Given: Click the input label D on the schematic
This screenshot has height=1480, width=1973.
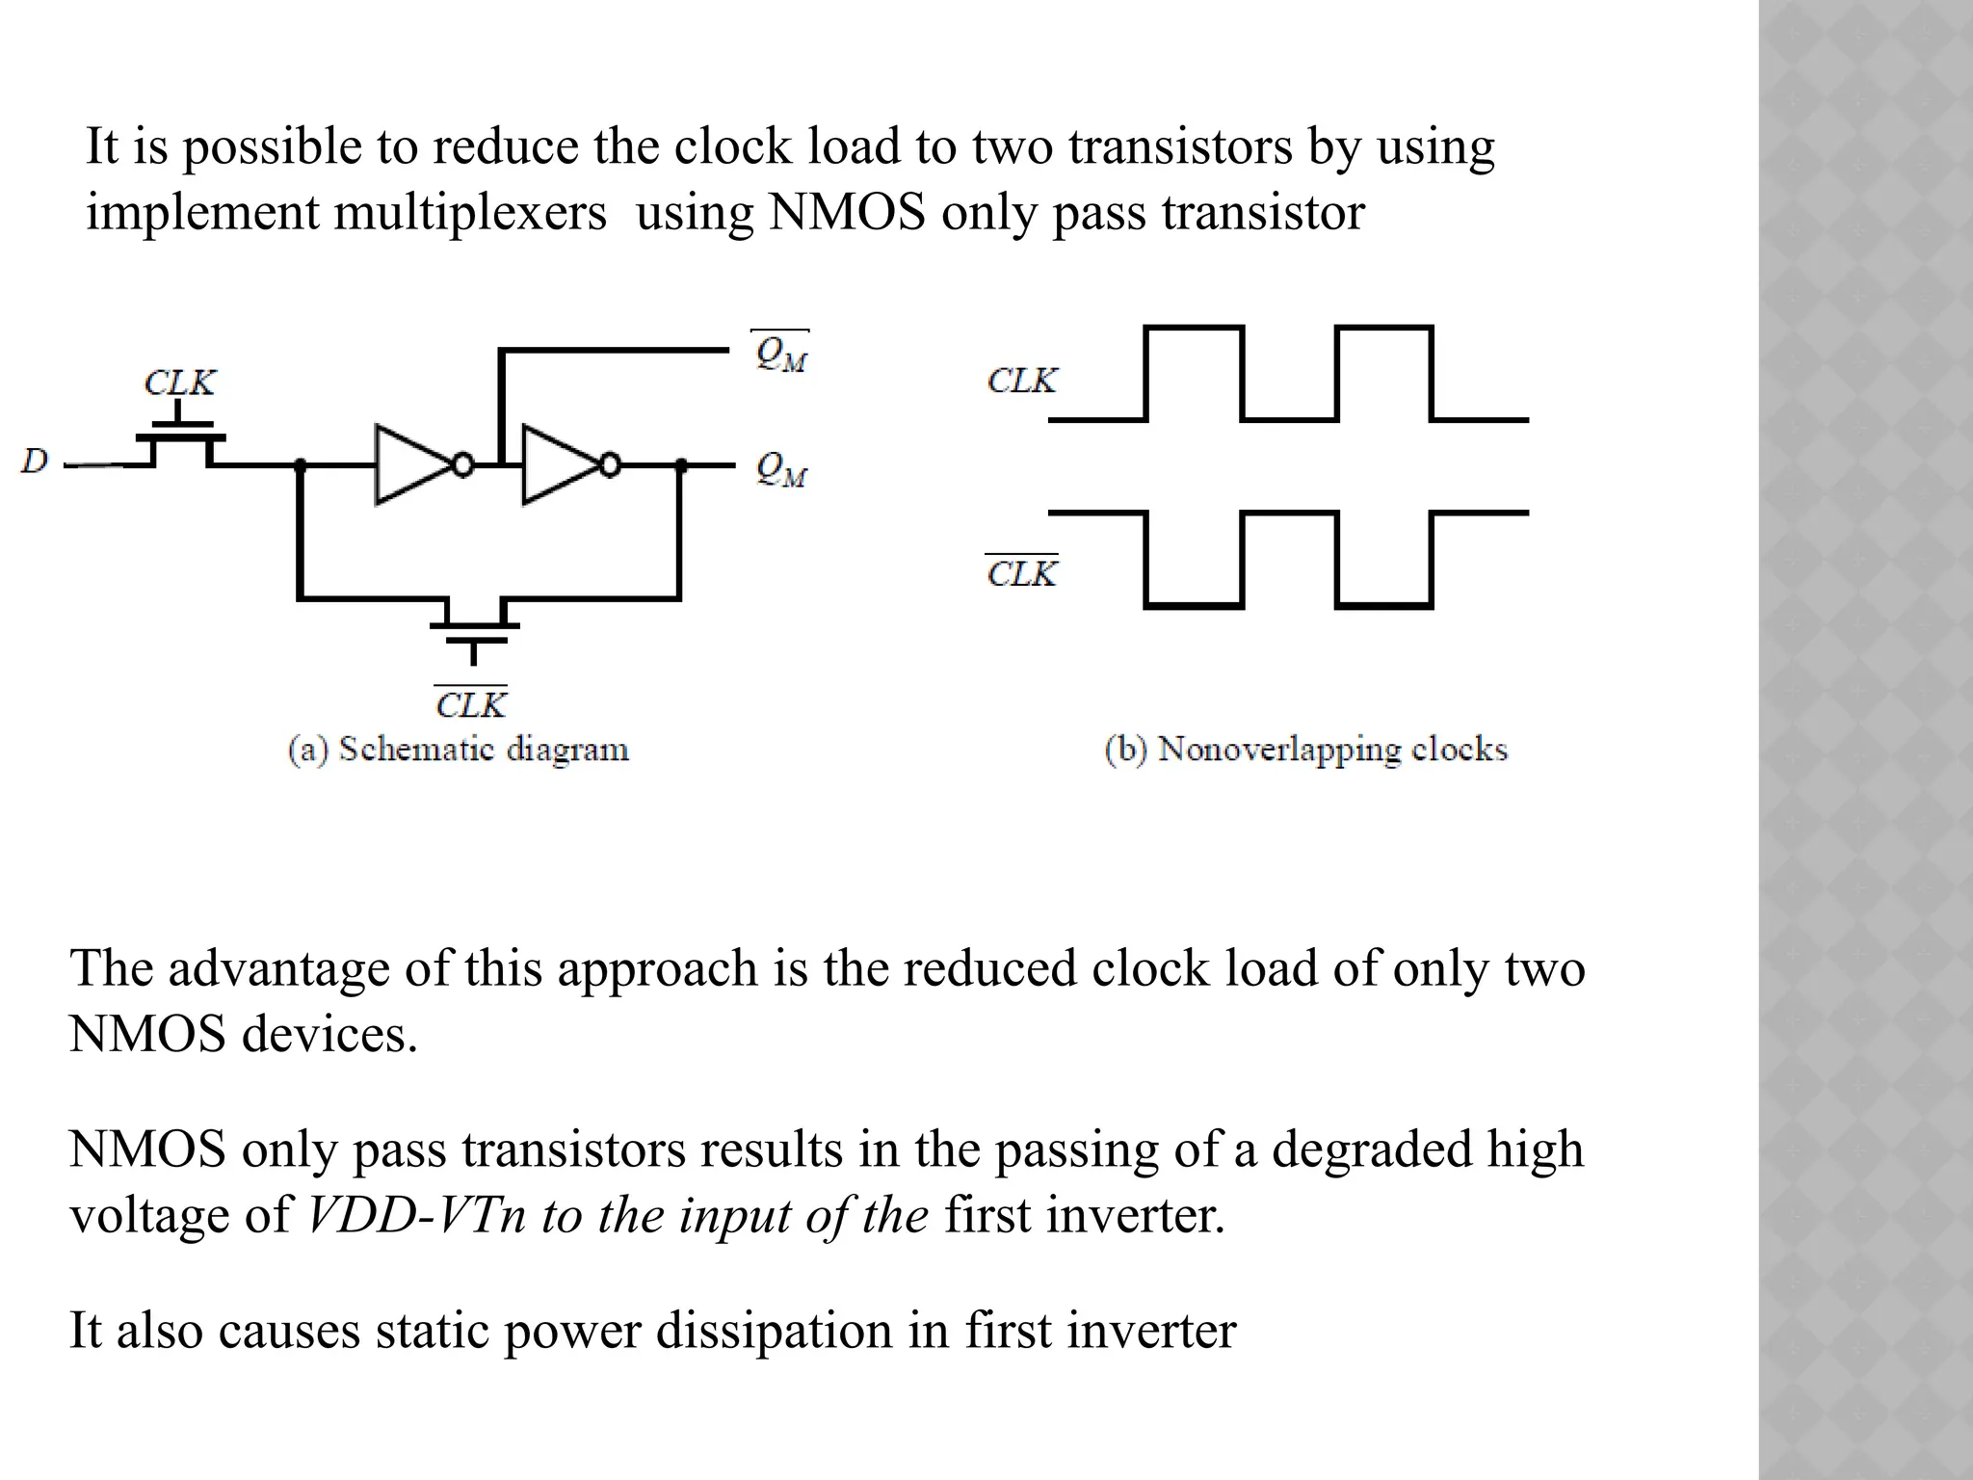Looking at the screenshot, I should [35, 462].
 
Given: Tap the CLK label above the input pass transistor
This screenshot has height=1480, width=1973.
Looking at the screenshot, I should [180, 383].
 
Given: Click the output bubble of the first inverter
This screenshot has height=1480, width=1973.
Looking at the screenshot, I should [463, 466].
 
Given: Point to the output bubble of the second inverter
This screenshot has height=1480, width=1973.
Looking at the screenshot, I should [610, 466].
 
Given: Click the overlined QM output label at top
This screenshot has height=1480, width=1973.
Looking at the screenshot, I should [780, 354].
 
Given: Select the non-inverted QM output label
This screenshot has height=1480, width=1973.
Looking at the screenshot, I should [780, 469].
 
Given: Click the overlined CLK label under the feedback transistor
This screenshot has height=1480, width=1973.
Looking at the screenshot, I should [471, 705].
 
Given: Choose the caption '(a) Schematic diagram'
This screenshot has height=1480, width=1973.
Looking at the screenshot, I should [459, 750].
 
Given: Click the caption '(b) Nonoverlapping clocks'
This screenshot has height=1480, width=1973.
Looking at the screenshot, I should [1305, 750].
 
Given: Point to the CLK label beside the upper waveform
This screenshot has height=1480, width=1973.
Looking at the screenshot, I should [1022, 382].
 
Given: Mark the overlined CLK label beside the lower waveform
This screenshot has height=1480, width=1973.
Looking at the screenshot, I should [1022, 573].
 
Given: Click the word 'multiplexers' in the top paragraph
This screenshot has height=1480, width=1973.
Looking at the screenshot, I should [470, 213].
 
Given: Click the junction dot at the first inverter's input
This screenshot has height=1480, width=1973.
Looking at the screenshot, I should [300, 466].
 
